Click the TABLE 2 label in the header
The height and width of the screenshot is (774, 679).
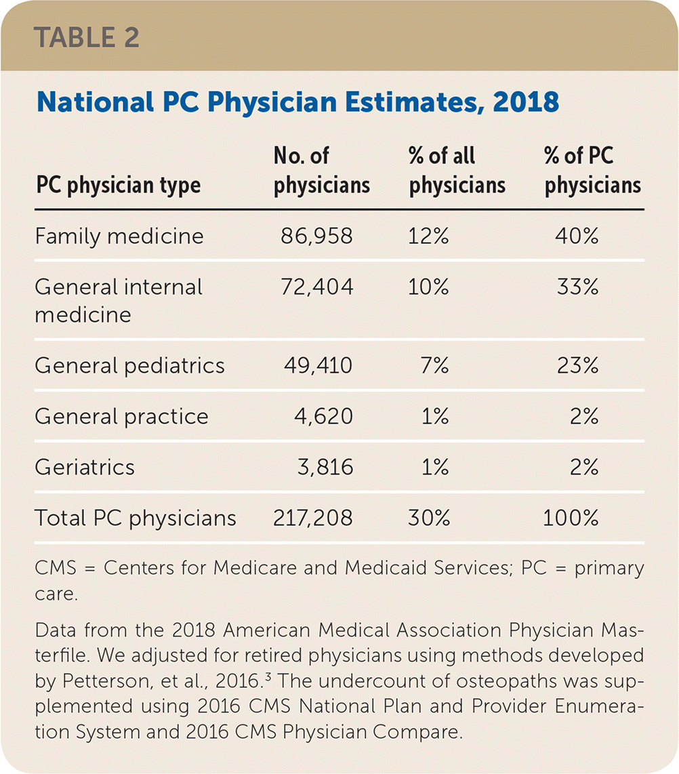click(x=87, y=37)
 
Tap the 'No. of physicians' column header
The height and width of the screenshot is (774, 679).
click(x=321, y=170)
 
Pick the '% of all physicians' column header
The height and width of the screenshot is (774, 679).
click(x=457, y=170)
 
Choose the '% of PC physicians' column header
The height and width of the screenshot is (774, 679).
click(x=593, y=170)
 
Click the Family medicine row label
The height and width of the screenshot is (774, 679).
click(x=119, y=236)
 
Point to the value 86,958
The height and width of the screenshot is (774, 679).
click(x=317, y=236)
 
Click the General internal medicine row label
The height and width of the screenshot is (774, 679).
click(x=119, y=300)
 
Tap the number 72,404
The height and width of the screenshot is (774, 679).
click(x=317, y=287)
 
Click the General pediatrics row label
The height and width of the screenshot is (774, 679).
click(x=129, y=365)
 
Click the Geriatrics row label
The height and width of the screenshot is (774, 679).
click(x=85, y=467)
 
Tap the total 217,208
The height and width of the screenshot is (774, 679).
click(x=312, y=518)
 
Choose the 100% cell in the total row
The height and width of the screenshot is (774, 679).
click(x=571, y=518)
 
